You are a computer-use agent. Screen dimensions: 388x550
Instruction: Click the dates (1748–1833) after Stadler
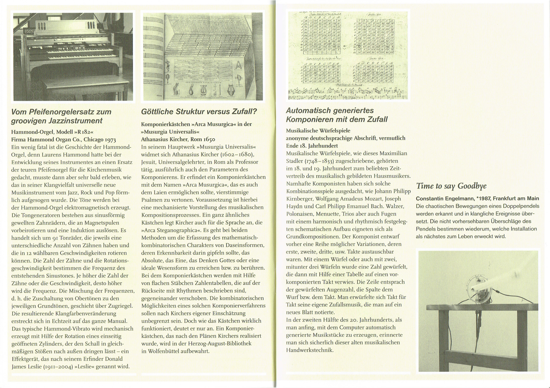tap(319, 161)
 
